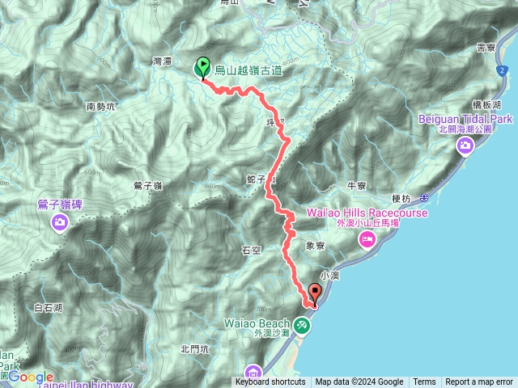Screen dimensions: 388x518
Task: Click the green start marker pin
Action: (x=202, y=69)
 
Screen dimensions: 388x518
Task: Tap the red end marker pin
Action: (x=316, y=293)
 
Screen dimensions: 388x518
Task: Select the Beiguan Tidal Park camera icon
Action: (x=465, y=145)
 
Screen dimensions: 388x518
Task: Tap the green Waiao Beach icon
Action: (x=302, y=325)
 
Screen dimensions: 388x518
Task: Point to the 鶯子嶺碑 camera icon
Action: (x=61, y=222)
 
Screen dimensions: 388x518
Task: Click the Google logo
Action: (x=31, y=377)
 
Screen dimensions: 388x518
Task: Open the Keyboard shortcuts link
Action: (x=270, y=382)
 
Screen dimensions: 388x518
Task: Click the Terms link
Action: (x=424, y=382)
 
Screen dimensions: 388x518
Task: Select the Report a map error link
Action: (x=480, y=382)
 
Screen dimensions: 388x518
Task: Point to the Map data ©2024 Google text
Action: (x=359, y=382)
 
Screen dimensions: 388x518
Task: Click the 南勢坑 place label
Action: (x=101, y=106)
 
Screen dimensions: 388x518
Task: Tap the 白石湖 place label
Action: (x=49, y=308)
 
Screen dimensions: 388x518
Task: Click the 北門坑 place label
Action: (x=195, y=349)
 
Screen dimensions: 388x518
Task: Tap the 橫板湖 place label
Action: (x=488, y=105)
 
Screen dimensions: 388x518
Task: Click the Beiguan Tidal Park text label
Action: (x=466, y=119)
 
